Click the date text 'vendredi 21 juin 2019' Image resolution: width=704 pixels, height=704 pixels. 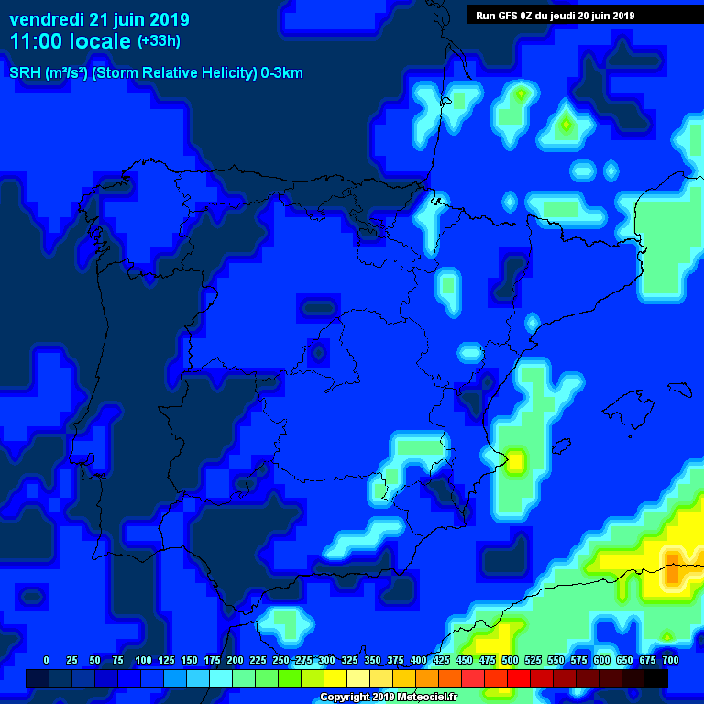tap(99, 19)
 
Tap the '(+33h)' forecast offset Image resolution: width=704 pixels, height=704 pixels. tap(159, 40)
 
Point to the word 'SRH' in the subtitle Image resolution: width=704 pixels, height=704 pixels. tap(25, 73)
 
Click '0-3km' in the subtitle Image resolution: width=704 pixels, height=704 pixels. tap(282, 73)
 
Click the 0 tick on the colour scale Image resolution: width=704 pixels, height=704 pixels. tap(46, 660)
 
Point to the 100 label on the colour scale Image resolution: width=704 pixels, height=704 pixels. tap(143, 660)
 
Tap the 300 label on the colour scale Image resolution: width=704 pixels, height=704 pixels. tap(326, 660)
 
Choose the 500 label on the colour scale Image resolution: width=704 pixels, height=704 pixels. tap(510, 660)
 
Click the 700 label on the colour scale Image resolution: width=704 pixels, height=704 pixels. tap(670, 660)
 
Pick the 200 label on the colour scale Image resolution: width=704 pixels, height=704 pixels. tap(235, 660)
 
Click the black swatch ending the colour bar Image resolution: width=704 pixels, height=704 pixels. tap(656, 678)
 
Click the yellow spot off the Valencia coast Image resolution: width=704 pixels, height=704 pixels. tap(515, 460)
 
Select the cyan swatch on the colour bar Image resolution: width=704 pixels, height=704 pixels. tap(221, 678)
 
